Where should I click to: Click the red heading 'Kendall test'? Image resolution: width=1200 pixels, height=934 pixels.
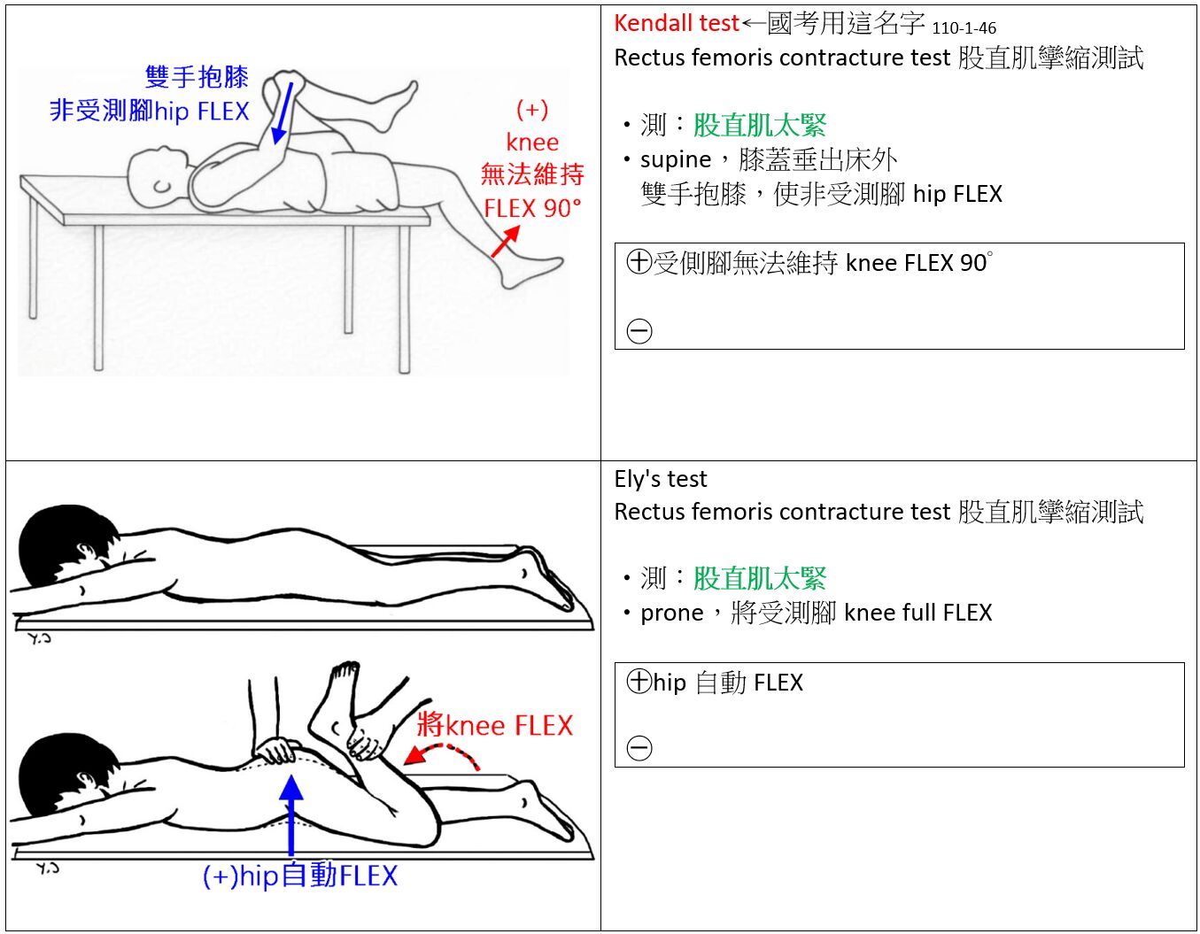pos(676,23)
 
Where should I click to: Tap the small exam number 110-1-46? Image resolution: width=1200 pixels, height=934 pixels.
pos(964,28)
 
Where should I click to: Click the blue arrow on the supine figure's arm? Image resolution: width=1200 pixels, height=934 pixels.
pos(283,113)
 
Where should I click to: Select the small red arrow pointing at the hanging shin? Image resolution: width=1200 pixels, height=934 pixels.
pos(506,241)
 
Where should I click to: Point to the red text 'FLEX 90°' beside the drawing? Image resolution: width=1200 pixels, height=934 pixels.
pos(532,208)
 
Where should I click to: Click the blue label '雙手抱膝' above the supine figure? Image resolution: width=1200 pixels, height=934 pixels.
pos(197,77)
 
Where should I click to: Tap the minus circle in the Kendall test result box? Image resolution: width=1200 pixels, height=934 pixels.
pos(639,331)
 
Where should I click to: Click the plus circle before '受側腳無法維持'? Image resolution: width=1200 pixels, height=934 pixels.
pos(639,262)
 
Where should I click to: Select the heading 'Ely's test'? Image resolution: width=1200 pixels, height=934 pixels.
pos(661,479)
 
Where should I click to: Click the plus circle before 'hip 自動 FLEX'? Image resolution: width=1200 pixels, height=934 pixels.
pos(639,681)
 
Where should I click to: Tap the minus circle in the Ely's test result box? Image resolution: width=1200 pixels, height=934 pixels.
pos(639,748)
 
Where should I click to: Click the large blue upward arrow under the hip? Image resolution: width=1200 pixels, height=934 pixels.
pos(291,815)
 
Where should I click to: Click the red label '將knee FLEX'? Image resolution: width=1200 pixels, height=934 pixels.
pos(495,725)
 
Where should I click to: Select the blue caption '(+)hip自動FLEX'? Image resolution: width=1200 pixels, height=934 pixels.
pos(300,876)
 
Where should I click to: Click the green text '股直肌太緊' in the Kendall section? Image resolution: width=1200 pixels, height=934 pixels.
pos(759,126)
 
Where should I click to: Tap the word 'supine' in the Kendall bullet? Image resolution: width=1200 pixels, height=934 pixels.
pos(676,160)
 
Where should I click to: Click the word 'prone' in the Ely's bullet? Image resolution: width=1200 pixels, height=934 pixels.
pos(671,614)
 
